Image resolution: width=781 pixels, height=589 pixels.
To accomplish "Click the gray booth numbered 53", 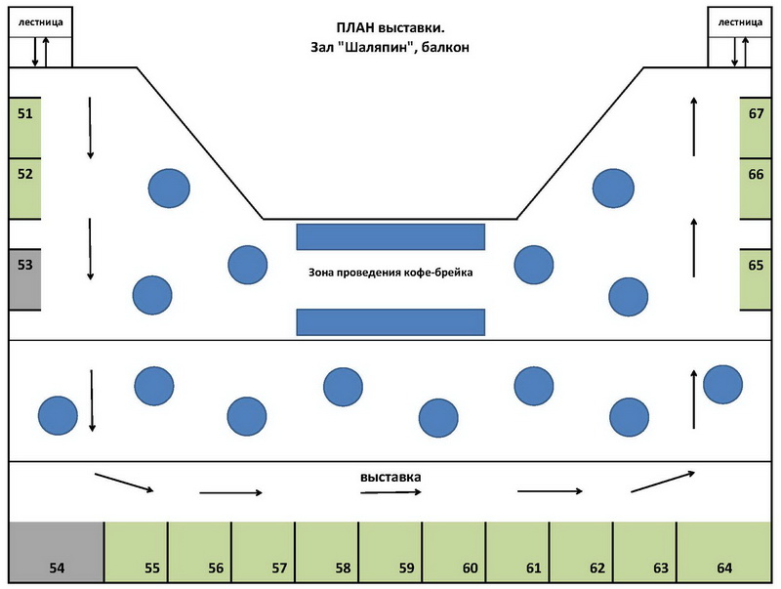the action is coord(25,279).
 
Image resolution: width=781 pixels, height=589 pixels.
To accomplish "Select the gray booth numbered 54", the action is coord(57,552).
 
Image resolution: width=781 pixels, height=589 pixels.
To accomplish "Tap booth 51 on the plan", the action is coord(25,128).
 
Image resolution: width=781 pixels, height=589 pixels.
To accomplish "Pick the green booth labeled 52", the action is coord(25,189).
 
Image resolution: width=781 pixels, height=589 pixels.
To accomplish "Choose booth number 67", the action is coord(756,128).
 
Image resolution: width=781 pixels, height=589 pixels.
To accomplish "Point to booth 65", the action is coord(756,279).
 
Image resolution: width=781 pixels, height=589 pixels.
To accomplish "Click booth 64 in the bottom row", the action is coord(724,552).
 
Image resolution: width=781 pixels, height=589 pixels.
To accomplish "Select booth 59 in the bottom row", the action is coord(390,552).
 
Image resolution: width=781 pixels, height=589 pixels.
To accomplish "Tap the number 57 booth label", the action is coord(279,568).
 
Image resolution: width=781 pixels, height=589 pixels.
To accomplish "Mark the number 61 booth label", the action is coord(533,568).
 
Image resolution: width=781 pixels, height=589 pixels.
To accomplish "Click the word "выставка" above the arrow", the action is coord(390,478).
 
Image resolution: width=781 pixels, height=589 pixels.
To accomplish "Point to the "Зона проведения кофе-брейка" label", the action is coord(390,273).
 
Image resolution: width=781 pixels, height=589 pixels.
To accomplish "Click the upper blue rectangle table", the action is coord(390,236).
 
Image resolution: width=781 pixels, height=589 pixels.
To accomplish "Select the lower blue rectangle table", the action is coord(390,322).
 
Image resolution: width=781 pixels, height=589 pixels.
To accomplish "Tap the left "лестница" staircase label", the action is coord(41,22).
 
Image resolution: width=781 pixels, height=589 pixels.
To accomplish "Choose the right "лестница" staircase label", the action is coord(740,22).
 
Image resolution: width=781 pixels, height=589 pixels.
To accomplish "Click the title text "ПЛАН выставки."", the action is coord(390,27).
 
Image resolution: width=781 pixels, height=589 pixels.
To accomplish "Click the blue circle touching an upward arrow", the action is coord(722,385).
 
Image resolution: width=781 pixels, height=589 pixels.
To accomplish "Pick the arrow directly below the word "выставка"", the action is coord(391,492).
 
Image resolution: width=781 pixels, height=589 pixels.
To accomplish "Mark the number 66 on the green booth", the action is coord(756,175).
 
